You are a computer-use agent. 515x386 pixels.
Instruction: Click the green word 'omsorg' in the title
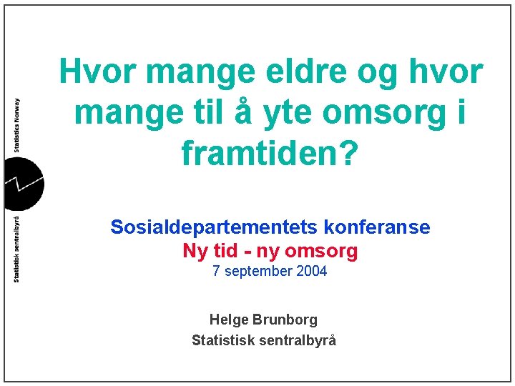(x=381, y=113)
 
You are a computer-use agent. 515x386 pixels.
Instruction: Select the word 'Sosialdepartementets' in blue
(x=214, y=228)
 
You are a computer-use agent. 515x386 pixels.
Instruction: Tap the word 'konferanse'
(x=377, y=228)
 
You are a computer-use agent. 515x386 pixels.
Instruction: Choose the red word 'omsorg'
(x=321, y=251)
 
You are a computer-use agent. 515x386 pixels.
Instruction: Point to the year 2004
(x=312, y=272)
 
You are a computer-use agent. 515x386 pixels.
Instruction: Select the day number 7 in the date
(x=216, y=272)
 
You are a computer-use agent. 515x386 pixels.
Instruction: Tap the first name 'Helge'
(x=228, y=320)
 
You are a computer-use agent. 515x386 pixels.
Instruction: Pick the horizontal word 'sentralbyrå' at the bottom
(x=293, y=340)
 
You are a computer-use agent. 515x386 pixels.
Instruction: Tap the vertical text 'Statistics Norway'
(x=16, y=125)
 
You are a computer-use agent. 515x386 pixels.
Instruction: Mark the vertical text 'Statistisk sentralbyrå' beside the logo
(x=16, y=247)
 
